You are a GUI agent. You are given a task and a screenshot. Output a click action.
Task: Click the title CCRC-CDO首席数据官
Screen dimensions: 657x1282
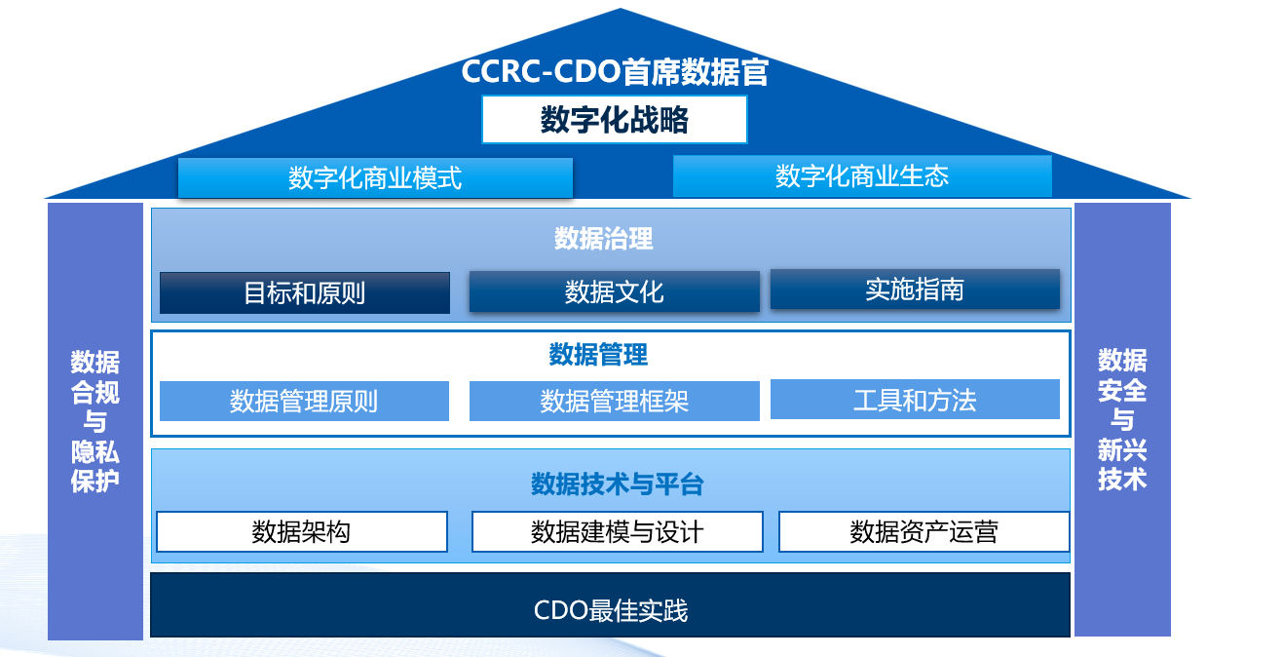[615, 73]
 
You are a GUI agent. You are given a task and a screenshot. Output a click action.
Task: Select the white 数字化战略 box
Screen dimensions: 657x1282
[615, 120]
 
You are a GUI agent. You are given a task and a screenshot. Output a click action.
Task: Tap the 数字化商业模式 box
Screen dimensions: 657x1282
[375, 177]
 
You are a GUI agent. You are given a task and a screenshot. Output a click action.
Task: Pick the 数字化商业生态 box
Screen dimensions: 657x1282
[862, 176]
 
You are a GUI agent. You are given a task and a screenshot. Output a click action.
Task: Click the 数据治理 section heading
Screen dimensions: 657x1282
[604, 238]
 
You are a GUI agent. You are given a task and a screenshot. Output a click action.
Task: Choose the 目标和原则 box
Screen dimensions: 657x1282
[305, 292]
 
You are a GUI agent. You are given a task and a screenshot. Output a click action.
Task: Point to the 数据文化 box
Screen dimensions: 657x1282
[615, 291]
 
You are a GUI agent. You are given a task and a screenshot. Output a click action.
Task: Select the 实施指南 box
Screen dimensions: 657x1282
[915, 290]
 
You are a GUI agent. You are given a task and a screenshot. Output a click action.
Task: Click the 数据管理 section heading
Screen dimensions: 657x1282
[598, 354]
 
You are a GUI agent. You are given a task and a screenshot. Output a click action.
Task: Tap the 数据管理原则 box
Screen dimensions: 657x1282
[304, 401]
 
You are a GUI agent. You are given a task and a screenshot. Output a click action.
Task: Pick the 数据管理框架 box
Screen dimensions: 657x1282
[615, 401]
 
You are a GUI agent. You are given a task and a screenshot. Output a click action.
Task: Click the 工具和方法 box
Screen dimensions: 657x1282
[915, 400]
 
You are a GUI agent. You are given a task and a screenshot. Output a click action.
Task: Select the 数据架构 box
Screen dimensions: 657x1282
[302, 532]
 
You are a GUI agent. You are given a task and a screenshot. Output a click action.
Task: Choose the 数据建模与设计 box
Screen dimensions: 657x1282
[617, 532]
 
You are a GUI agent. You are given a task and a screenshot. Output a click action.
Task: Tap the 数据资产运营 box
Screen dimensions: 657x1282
[924, 532]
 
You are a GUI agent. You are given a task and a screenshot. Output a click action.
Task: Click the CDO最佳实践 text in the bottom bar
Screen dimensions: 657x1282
[611, 611]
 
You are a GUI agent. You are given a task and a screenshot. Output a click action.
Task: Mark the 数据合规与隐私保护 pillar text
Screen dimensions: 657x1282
[95, 421]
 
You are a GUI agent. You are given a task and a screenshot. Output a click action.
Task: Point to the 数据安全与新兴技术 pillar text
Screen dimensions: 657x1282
[1122, 419]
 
